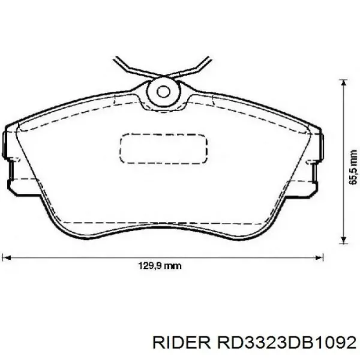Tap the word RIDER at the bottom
click(x=179, y=341)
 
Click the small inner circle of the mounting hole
click(x=163, y=91)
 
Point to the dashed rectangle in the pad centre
click(x=164, y=148)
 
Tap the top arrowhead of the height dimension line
click(x=343, y=85)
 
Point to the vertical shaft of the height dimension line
click(x=343, y=162)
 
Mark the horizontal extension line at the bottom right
click(x=336, y=245)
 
